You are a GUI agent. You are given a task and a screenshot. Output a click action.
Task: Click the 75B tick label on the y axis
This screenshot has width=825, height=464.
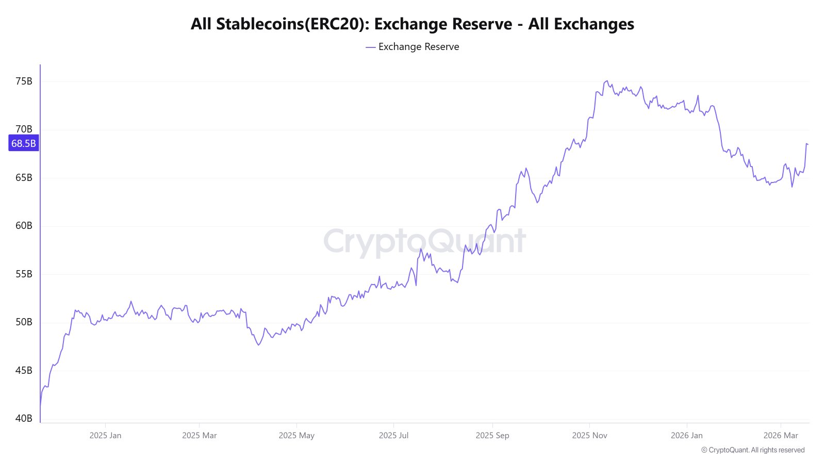pyautogui.click(x=24, y=81)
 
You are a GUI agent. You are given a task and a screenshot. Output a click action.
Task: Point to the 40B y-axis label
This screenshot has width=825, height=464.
pyautogui.click(x=24, y=419)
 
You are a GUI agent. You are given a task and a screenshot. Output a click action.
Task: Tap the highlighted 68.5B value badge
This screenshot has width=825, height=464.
pyautogui.click(x=24, y=143)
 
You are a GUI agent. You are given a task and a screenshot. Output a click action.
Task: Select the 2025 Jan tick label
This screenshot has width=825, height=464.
pyautogui.click(x=105, y=436)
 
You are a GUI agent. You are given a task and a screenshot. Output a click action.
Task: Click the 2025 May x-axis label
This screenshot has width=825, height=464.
pyautogui.click(x=296, y=436)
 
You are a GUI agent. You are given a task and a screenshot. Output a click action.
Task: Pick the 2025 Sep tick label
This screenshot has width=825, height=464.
pyautogui.click(x=492, y=436)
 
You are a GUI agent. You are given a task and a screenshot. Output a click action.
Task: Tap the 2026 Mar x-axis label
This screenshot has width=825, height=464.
pyautogui.click(x=780, y=436)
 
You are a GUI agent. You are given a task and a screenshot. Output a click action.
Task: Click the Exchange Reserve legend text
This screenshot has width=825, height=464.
pyautogui.click(x=418, y=47)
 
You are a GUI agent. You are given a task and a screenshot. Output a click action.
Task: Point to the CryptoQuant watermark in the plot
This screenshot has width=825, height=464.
pyautogui.click(x=424, y=241)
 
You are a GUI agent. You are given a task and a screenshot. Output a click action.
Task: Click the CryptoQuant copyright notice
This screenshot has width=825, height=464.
pyautogui.click(x=753, y=450)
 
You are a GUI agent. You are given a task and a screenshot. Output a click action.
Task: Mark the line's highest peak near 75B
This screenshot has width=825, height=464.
pyautogui.click(x=607, y=81)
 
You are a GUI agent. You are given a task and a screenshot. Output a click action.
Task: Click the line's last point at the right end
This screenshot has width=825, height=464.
pyautogui.click(x=807, y=144)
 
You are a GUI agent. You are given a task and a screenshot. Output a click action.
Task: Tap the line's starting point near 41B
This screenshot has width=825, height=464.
pyautogui.click(x=40, y=407)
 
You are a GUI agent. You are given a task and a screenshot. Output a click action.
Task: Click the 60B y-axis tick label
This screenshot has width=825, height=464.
pyautogui.click(x=24, y=226)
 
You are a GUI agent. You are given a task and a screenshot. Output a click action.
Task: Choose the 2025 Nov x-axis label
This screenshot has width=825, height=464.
pyautogui.click(x=589, y=436)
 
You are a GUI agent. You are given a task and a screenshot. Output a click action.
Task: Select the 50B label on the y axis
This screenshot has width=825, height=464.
pyautogui.click(x=24, y=322)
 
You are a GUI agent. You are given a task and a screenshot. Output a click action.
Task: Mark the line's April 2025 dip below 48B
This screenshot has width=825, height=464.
pyautogui.click(x=258, y=344)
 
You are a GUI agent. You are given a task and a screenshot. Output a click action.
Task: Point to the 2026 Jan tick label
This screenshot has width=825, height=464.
pyautogui.click(x=686, y=436)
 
